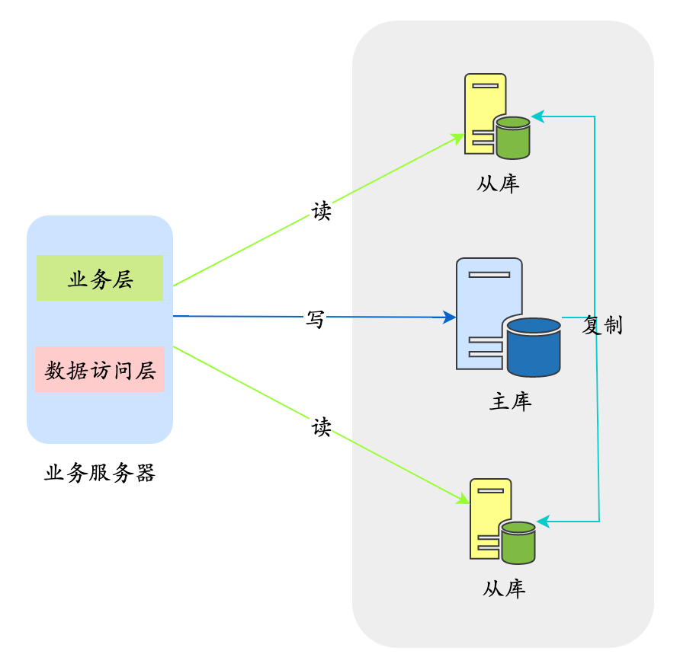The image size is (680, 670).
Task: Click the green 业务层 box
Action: click(x=100, y=278)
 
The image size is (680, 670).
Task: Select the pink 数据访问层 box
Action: click(x=100, y=369)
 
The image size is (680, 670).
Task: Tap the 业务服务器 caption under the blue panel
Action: click(x=100, y=473)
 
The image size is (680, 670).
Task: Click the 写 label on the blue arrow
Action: click(x=316, y=319)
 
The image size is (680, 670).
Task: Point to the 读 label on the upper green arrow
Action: click(x=322, y=211)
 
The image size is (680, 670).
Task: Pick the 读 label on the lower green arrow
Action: click(x=322, y=427)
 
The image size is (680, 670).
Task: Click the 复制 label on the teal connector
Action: click(x=602, y=325)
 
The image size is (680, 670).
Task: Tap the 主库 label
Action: click(x=510, y=401)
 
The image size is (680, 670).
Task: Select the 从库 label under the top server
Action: click(x=498, y=183)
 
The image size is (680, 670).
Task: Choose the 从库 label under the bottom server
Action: click(x=504, y=589)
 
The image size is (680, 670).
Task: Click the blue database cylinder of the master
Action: click(x=534, y=347)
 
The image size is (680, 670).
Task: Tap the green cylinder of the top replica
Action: click(x=512, y=138)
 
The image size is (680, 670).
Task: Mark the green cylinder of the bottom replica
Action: click(x=518, y=543)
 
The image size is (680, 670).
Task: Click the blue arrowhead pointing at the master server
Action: click(x=449, y=317)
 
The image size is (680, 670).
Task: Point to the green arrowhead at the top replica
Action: click(x=458, y=138)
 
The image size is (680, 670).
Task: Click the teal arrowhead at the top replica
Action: click(x=537, y=116)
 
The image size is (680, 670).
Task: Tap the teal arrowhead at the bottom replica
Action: click(x=543, y=522)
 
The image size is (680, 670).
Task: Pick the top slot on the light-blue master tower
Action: click(x=489, y=275)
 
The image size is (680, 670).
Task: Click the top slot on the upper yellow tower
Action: click(x=486, y=86)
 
